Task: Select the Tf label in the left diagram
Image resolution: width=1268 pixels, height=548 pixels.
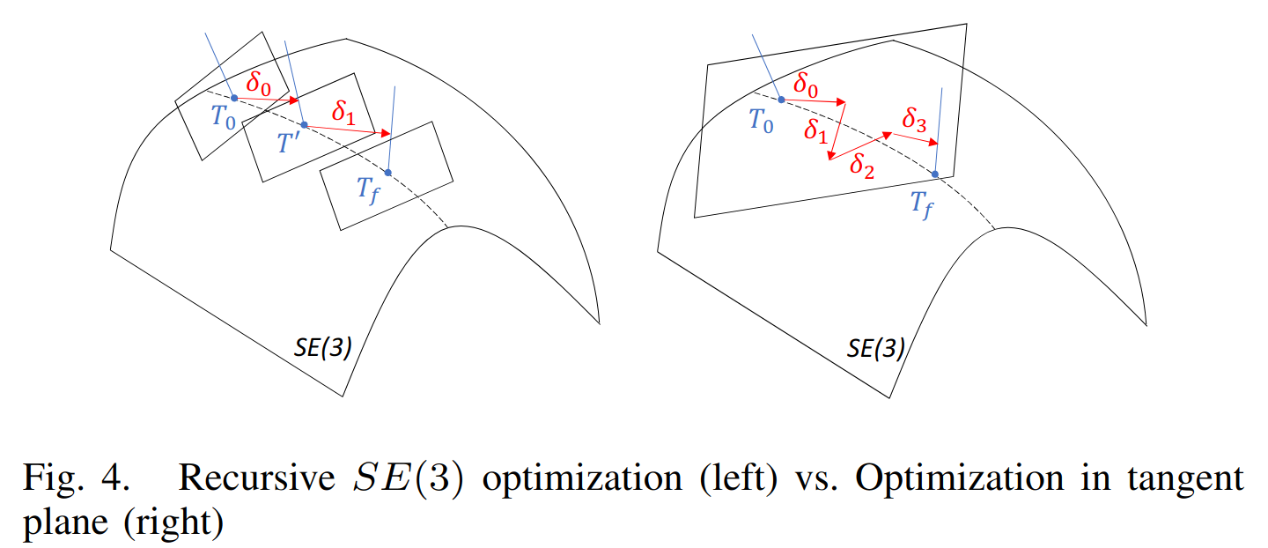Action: click(369, 189)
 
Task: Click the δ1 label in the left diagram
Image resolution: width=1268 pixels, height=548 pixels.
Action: click(343, 113)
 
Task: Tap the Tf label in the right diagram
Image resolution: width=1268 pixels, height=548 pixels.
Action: click(922, 208)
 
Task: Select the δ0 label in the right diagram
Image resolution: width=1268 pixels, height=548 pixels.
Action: click(805, 85)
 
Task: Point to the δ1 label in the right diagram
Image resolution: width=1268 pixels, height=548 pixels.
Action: click(815, 131)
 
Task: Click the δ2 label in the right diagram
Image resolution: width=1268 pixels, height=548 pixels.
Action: click(861, 164)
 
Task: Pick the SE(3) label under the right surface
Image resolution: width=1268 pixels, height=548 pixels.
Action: click(875, 349)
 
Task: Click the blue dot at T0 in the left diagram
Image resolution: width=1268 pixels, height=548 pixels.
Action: click(234, 97)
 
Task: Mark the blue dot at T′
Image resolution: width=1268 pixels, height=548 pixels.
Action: click(304, 124)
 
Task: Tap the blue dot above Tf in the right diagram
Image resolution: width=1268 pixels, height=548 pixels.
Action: click(935, 174)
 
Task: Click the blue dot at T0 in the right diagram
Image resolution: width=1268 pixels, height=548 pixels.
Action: click(781, 100)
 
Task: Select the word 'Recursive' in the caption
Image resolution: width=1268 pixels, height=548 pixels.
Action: click(250, 478)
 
